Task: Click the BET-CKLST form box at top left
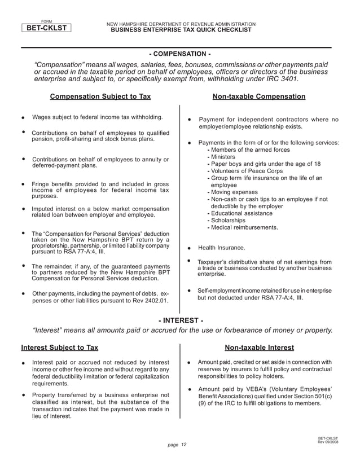click(46, 27)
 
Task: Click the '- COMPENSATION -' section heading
click(180, 54)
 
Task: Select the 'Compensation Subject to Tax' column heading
click(100, 96)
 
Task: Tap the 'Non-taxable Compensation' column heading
click(258, 96)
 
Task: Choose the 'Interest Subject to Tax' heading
click(59, 348)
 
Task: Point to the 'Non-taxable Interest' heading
click(259, 348)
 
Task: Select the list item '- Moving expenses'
click(232, 192)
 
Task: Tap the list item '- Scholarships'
click(227, 221)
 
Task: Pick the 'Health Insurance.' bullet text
click(222, 248)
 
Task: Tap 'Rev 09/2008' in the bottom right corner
click(328, 442)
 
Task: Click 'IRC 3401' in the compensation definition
click(279, 78)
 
